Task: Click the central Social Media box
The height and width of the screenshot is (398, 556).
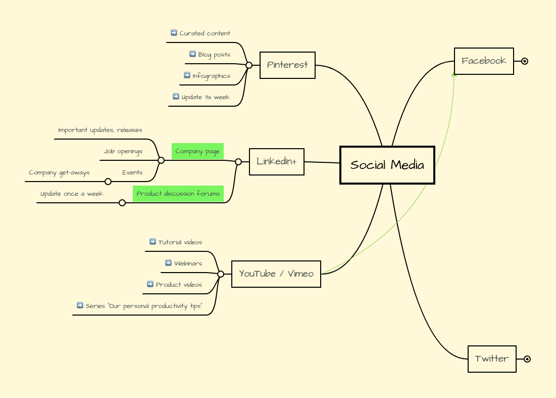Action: pos(387,165)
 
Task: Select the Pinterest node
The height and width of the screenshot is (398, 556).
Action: pos(287,65)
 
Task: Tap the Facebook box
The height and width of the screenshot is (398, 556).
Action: pos(484,61)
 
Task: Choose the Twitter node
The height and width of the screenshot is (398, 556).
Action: pos(492,359)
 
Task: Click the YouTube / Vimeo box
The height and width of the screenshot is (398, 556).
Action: pos(276,274)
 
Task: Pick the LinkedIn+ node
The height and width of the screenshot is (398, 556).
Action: pos(276,161)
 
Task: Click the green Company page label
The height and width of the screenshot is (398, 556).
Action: pos(197,151)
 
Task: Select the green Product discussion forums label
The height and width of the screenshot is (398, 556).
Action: pos(178,194)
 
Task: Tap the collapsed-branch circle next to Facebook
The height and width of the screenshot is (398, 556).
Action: pos(525,61)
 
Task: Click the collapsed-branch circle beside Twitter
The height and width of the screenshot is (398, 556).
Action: pos(527,359)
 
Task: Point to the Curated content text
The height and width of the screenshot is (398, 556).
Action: pos(205,33)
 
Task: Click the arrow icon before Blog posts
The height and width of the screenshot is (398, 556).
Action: pos(192,54)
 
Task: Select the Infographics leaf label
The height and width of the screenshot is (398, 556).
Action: pos(211,76)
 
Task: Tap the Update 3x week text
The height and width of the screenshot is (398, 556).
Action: pos(206,97)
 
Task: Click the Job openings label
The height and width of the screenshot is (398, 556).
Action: pos(123,151)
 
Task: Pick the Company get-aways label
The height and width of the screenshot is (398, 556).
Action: pos(59,172)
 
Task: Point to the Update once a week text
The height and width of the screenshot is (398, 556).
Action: pos(72,194)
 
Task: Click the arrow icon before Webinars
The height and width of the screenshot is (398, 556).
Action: pos(168,263)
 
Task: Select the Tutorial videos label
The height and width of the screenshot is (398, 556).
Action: pos(180,242)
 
